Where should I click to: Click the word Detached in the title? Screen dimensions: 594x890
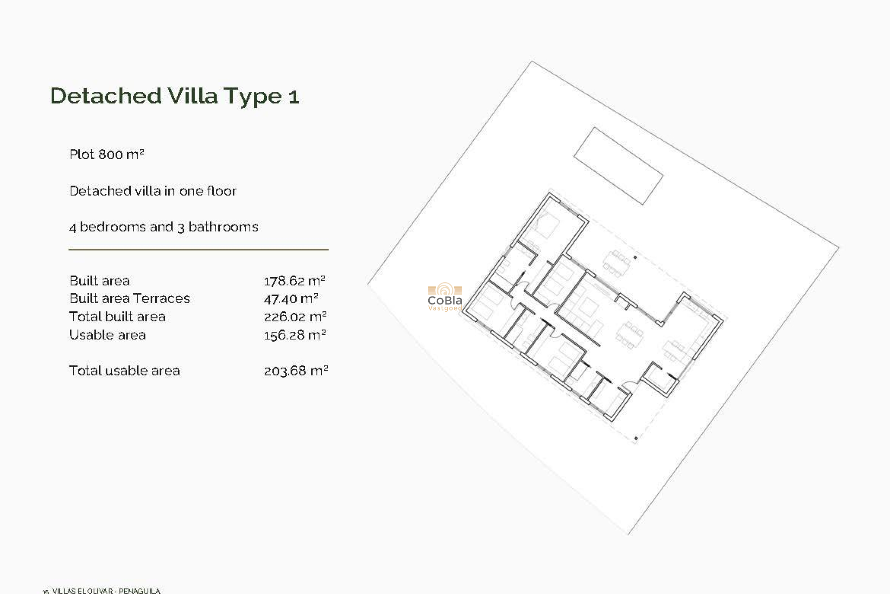click(106, 96)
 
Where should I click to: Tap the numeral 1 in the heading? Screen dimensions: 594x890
click(294, 97)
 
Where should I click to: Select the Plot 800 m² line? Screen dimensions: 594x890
click(107, 155)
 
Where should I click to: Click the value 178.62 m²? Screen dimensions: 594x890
click(294, 281)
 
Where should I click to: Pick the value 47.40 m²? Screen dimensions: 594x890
click(291, 299)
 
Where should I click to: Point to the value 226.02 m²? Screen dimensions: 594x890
click(295, 317)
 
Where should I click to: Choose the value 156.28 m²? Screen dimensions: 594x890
click(295, 335)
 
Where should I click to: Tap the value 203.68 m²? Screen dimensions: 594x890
click(296, 371)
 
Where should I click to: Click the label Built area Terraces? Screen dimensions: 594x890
click(129, 298)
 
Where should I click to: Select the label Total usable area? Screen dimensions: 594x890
click(124, 371)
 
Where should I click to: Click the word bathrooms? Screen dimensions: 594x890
click(223, 227)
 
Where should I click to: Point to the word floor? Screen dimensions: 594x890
click(222, 191)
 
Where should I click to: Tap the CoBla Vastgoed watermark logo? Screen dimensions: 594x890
click(445, 297)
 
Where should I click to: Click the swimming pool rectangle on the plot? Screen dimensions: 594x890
click(618, 166)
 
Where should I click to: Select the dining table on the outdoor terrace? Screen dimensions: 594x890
click(616, 264)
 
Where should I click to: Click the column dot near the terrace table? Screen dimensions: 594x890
click(635, 258)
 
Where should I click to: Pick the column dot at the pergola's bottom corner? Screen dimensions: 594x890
click(636, 438)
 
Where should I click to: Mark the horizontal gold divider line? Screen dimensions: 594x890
click(198, 250)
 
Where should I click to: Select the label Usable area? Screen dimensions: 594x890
click(108, 335)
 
